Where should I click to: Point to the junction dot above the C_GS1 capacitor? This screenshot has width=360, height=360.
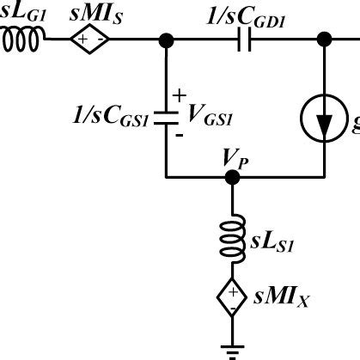click(x=166, y=40)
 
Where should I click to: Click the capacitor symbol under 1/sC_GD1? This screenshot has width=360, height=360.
click(x=244, y=40)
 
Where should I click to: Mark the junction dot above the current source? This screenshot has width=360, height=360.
click(x=325, y=40)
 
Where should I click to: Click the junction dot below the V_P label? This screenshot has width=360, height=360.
click(x=231, y=178)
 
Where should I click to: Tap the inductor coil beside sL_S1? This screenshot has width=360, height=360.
click(x=231, y=235)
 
